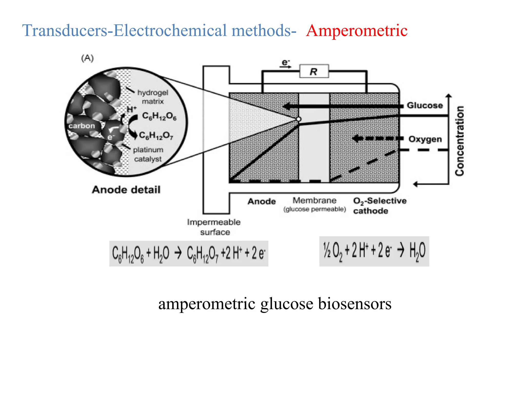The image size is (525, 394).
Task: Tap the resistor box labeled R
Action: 314,71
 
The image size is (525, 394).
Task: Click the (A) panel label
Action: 87,58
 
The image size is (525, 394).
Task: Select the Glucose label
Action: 425,105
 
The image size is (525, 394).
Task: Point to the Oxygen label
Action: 425,139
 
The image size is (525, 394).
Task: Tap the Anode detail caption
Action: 126,190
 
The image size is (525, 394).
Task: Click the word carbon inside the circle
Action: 82,126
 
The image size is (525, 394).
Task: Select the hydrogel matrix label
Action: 153,97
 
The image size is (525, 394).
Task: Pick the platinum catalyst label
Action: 148,154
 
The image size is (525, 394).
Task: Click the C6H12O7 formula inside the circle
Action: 156,135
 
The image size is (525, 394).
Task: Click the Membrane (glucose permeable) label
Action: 315,204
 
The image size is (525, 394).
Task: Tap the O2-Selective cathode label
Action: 379,205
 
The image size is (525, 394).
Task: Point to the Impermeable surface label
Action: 214,227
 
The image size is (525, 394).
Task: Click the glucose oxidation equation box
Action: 189,253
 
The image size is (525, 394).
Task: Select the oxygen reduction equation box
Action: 374,251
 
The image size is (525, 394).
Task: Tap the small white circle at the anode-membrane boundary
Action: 299,119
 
